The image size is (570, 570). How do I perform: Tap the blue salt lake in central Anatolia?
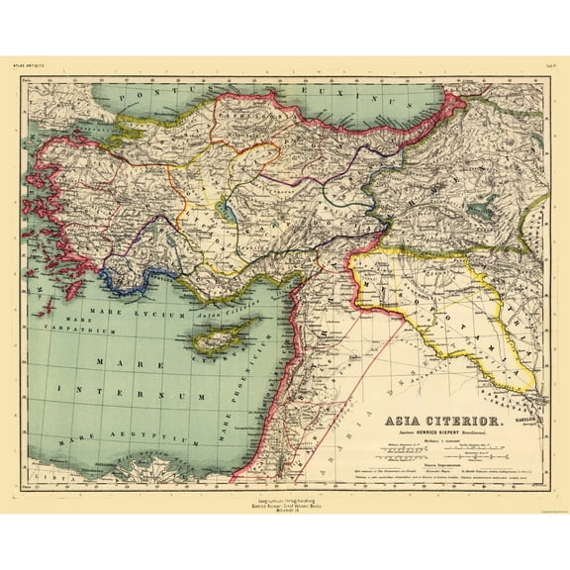click(229, 211)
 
